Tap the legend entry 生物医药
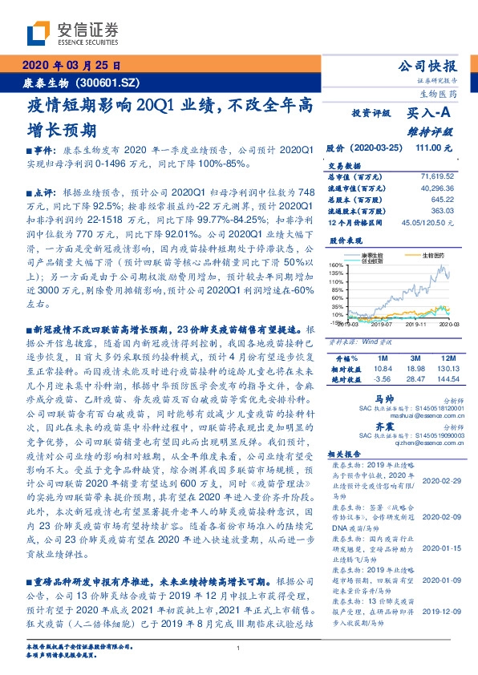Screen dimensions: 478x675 433,256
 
